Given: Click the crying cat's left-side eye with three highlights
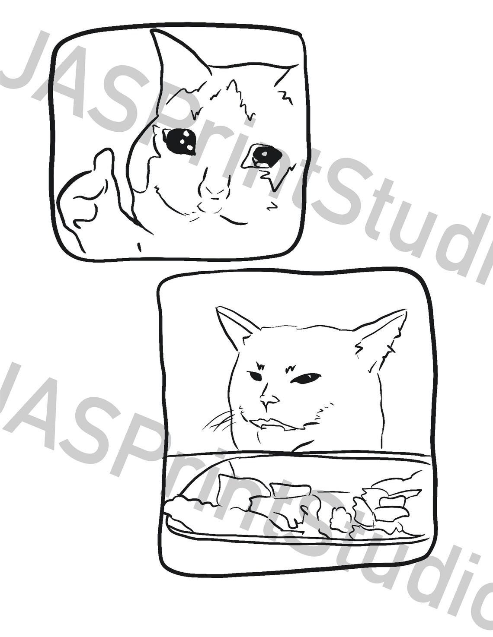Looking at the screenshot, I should pos(179,140).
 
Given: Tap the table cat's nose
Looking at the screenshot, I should pos(270,402).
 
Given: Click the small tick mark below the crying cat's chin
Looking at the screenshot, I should pos(139,247).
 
